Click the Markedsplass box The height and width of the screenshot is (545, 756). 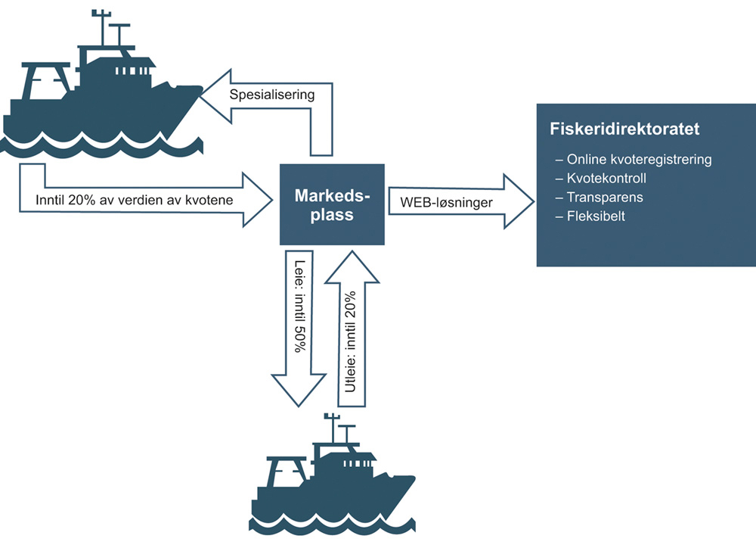(333, 204)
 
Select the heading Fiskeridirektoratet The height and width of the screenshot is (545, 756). (624, 129)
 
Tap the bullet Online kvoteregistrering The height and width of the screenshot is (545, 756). (634, 160)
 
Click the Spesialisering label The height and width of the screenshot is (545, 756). (271, 95)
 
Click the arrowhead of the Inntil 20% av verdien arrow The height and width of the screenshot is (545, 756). (257, 200)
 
